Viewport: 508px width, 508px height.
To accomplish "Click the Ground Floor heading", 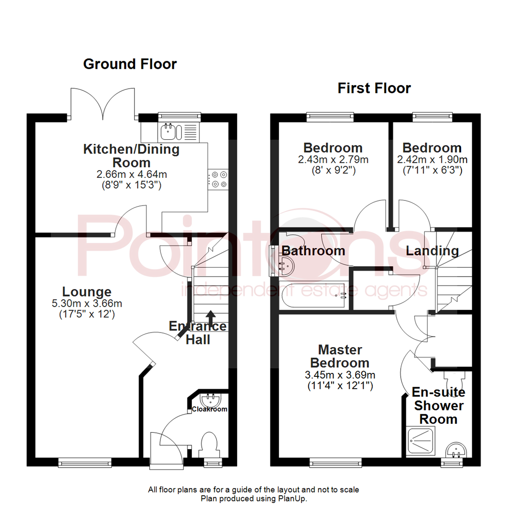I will (130, 64).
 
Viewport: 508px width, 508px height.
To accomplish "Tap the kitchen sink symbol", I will (168, 131).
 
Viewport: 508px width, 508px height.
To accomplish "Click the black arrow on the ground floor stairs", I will (210, 316).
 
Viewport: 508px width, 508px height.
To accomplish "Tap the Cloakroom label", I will (209, 409).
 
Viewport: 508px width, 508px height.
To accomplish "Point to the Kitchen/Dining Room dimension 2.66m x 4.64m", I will (131, 175).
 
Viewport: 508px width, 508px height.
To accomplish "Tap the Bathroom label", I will (313, 251).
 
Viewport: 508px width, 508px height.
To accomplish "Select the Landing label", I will (432, 251).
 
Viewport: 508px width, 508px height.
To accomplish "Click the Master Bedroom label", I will (340, 356).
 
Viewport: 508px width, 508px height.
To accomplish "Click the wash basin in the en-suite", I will (455, 450).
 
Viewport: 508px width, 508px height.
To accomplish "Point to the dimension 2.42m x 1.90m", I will (432, 159).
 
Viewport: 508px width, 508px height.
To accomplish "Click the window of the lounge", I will (85, 464).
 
